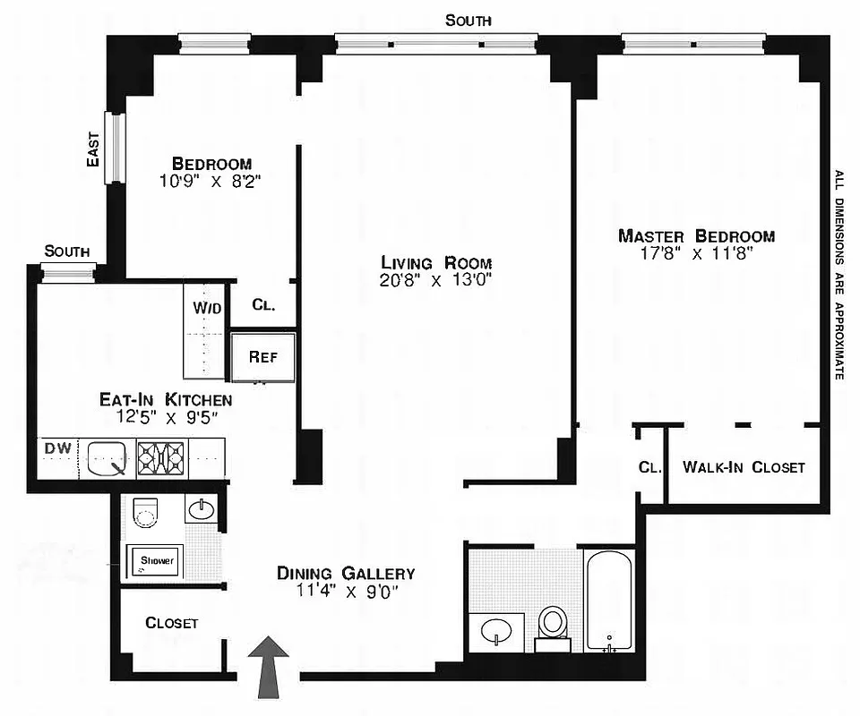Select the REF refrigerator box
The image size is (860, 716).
(x=262, y=356)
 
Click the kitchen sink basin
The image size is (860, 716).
(x=107, y=458)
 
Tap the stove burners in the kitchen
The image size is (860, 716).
(x=162, y=458)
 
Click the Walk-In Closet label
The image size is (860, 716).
(x=744, y=467)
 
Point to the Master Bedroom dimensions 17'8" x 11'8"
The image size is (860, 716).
(x=696, y=253)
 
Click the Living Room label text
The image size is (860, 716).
(x=436, y=263)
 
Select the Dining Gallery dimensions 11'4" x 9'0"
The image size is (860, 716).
(x=345, y=591)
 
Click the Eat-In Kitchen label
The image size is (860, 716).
(x=166, y=400)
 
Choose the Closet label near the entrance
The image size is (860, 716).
(x=171, y=623)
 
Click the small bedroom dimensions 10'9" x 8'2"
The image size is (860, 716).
(x=211, y=181)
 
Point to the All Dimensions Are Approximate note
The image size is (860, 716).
(x=839, y=275)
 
